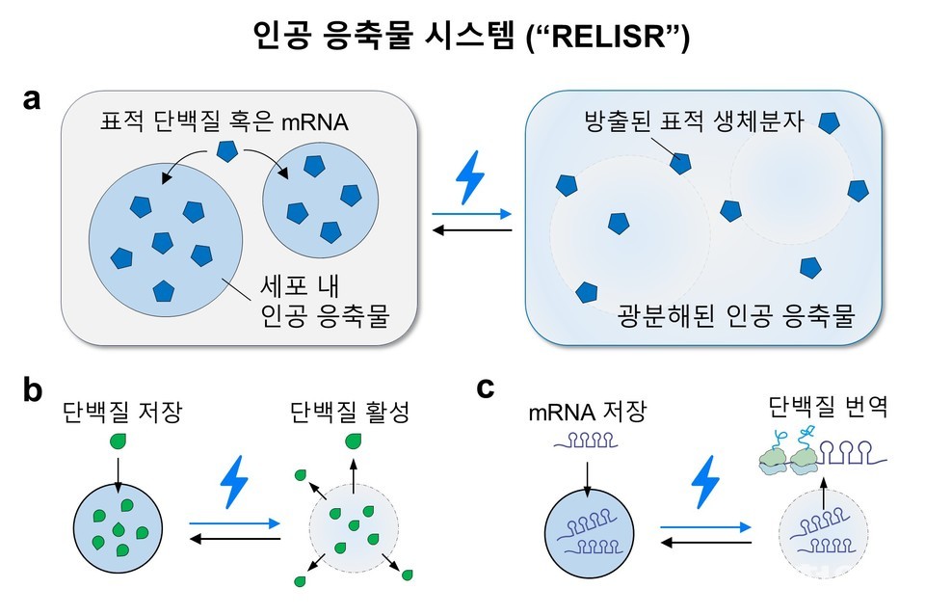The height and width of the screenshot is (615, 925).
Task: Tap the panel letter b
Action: tap(31, 390)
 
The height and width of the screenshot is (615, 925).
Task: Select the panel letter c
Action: tap(486, 388)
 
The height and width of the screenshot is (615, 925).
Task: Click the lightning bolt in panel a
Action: tap(470, 180)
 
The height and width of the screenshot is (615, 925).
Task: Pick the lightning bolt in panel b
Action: tap(234, 483)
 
